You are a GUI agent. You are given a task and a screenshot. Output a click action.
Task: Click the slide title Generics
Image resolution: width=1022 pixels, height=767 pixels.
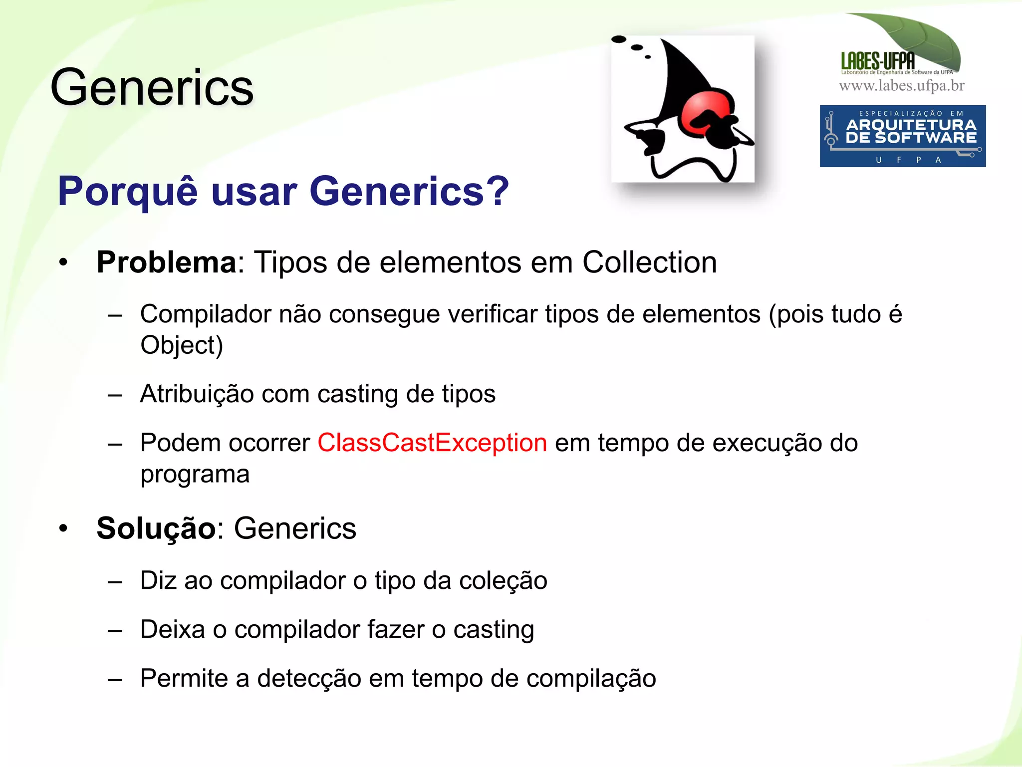(152, 88)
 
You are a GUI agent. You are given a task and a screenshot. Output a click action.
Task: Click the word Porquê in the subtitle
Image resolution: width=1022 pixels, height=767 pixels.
(128, 192)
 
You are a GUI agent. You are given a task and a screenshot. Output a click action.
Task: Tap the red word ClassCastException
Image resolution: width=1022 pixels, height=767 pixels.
(432, 443)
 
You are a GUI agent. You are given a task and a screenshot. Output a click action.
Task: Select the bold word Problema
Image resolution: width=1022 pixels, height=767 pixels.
(166, 262)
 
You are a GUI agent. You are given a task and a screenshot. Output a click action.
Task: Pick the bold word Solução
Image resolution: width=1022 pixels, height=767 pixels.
(156, 528)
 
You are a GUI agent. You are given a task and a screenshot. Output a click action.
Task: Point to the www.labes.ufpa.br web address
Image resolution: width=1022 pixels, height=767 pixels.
(901, 86)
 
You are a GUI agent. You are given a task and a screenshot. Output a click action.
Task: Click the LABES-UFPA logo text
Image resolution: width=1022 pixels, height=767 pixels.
(878, 61)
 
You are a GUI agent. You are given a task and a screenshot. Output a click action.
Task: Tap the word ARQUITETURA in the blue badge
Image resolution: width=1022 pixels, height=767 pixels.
(911, 124)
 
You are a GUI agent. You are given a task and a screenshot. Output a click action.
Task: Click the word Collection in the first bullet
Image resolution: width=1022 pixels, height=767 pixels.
(649, 262)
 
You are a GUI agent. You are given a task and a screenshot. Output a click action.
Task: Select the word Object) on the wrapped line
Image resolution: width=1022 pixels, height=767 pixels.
(182, 345)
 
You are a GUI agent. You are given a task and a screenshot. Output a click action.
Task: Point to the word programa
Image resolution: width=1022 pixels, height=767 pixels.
(195, 475)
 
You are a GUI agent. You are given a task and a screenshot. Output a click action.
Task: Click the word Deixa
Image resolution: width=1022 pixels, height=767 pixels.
(173, 630)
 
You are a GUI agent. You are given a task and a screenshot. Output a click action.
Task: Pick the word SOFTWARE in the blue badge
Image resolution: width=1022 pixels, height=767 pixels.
(926, 138)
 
